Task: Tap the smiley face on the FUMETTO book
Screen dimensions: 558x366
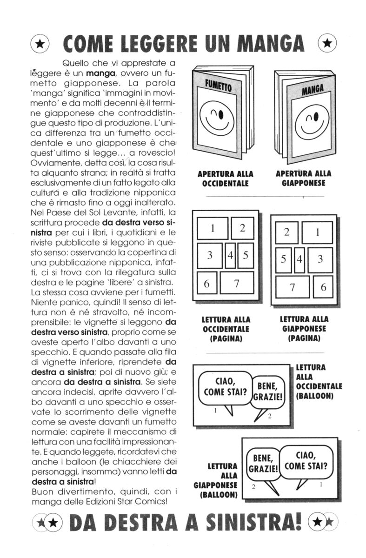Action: tap(217, 116)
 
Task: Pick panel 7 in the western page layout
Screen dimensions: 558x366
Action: tap(236, 283)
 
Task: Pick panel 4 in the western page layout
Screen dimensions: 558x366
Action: tap(230, 255)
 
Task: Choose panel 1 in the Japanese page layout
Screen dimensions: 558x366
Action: tap(317, 232)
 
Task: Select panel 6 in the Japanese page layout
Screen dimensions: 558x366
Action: tap(322, 287)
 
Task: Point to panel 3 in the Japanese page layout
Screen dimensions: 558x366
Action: tap(319, 260)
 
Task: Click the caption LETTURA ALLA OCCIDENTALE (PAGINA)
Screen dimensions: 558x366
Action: tap(226, 329)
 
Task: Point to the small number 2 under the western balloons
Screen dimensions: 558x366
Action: tap(269, 415)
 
